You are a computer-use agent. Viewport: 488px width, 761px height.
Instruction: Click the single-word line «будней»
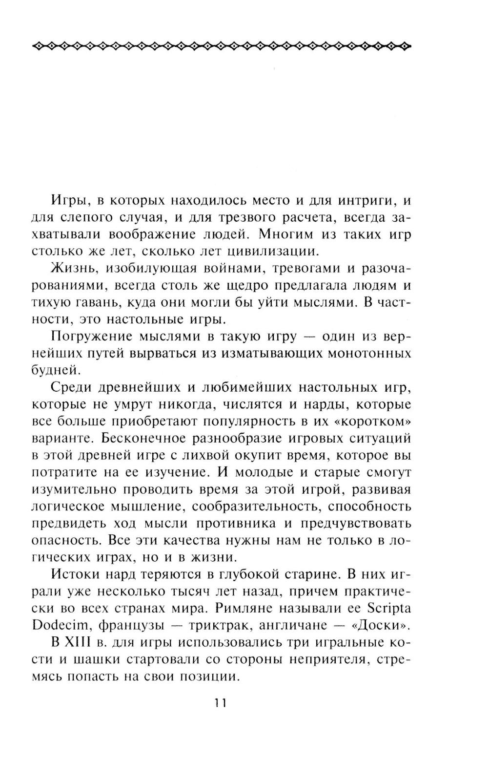pos(53,370)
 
